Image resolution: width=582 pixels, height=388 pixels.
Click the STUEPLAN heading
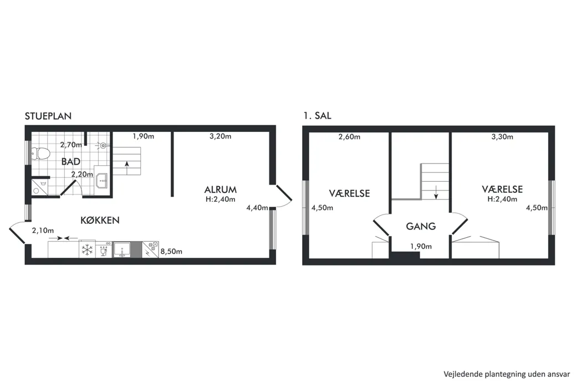(x=48, y=116)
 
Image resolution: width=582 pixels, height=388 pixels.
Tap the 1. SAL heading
(x=317, y=116)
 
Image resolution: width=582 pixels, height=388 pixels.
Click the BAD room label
(x=71, y=161)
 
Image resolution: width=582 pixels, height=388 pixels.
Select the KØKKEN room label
(x=100, y=220)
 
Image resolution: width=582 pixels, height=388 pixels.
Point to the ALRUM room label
(x=221, y=190)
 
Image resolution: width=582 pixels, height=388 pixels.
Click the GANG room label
(x=421, y=226)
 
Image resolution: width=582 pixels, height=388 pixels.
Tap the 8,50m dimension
(x=171, y=252)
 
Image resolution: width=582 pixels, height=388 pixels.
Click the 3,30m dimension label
(x=502, y=137)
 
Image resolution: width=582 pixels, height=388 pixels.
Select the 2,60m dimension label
(x=349, y=137)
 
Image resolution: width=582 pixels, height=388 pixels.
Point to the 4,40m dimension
(x=257, y=207)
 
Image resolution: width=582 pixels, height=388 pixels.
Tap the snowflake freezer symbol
(x=87, y=249)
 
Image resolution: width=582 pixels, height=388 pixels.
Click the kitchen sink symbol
(x=122, y=249)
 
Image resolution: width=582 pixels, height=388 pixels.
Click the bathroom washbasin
(x=101, y=181)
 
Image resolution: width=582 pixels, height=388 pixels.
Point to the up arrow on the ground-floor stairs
(x=127, y=168)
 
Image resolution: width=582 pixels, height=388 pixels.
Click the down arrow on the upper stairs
(x=436, y=192)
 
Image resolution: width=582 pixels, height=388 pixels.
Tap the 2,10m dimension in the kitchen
(x=43, y=231)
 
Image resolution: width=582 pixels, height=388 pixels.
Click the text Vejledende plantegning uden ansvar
(x=507, y=374)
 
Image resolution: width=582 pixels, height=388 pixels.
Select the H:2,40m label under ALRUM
(x=221, y=200)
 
